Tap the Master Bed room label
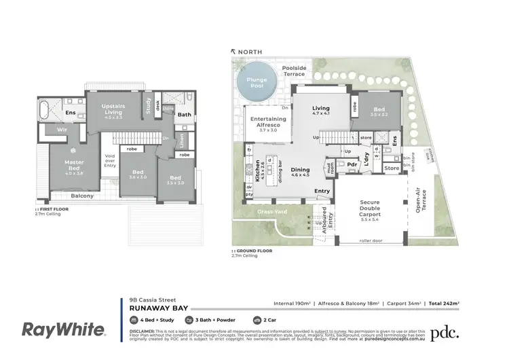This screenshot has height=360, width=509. (x=74, y=166)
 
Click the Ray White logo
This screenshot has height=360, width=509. (x=64, y=330)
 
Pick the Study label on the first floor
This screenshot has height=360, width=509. (x=148, y=107)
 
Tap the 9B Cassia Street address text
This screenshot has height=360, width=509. (x=153, y=298)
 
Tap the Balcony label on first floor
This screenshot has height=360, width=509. (x=82, y=196)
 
